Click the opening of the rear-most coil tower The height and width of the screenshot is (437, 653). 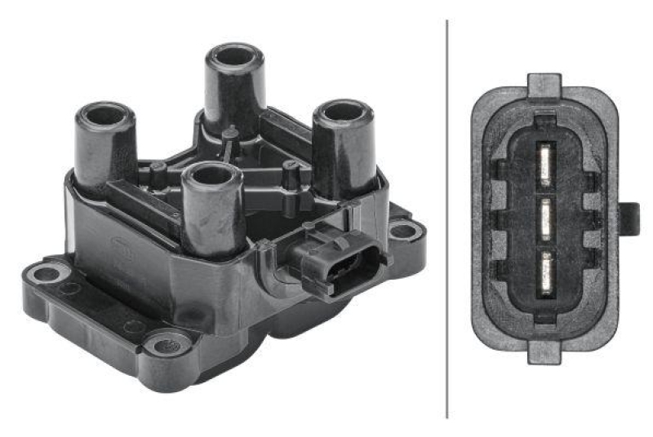pyautogui.click(x=233, y=56)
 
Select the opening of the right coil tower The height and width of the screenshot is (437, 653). pyautogui.click(x=344, y=112)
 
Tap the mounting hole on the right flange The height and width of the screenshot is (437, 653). pyautogui.click(x=403, y=231)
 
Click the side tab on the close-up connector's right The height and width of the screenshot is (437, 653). pyautogui.click(x=629, y=218)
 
